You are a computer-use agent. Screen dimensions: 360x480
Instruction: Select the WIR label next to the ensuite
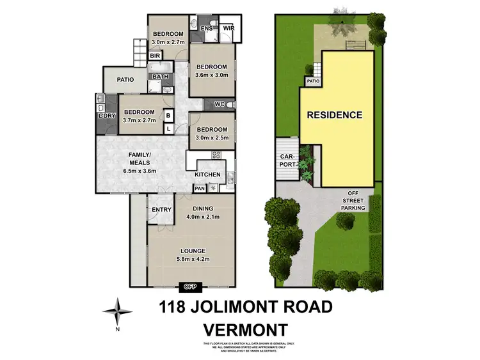[x=228, y=29]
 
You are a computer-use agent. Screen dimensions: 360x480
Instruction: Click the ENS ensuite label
[x=207, y=29]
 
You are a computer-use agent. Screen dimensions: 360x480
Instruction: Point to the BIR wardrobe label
[x=156, y=56]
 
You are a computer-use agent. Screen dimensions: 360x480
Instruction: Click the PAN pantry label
[x=200, y=189]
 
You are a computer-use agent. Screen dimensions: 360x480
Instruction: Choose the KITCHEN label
[x=207, y=175]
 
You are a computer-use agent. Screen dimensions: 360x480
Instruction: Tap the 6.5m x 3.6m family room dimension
[x=140, y=171]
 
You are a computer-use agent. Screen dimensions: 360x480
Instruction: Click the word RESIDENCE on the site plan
[x=334, y=116]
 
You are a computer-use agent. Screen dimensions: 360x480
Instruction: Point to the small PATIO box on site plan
[x=312, y=81]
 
